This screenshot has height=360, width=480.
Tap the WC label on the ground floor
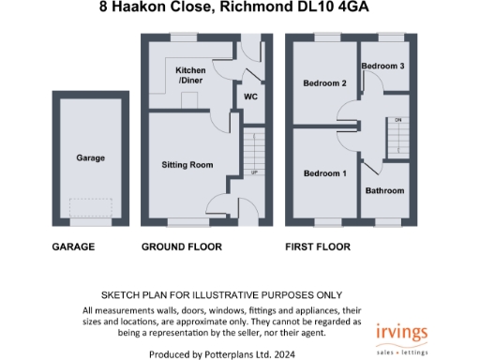pos(250,96)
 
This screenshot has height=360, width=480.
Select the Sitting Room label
pos(187,165)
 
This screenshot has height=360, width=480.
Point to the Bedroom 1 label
pos(324,174)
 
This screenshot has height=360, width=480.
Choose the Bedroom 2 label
pos(324,83)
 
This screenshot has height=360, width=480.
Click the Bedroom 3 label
pos(383,67)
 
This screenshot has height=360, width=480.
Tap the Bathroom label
pos(384,191)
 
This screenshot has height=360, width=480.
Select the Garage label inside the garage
pos(90,158)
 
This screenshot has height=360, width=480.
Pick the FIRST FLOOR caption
pos(317,247)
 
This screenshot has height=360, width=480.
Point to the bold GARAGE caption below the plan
pos(73,247)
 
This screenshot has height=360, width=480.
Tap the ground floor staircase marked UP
pos(251,154)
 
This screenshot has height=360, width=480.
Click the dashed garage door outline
pos(90,210)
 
